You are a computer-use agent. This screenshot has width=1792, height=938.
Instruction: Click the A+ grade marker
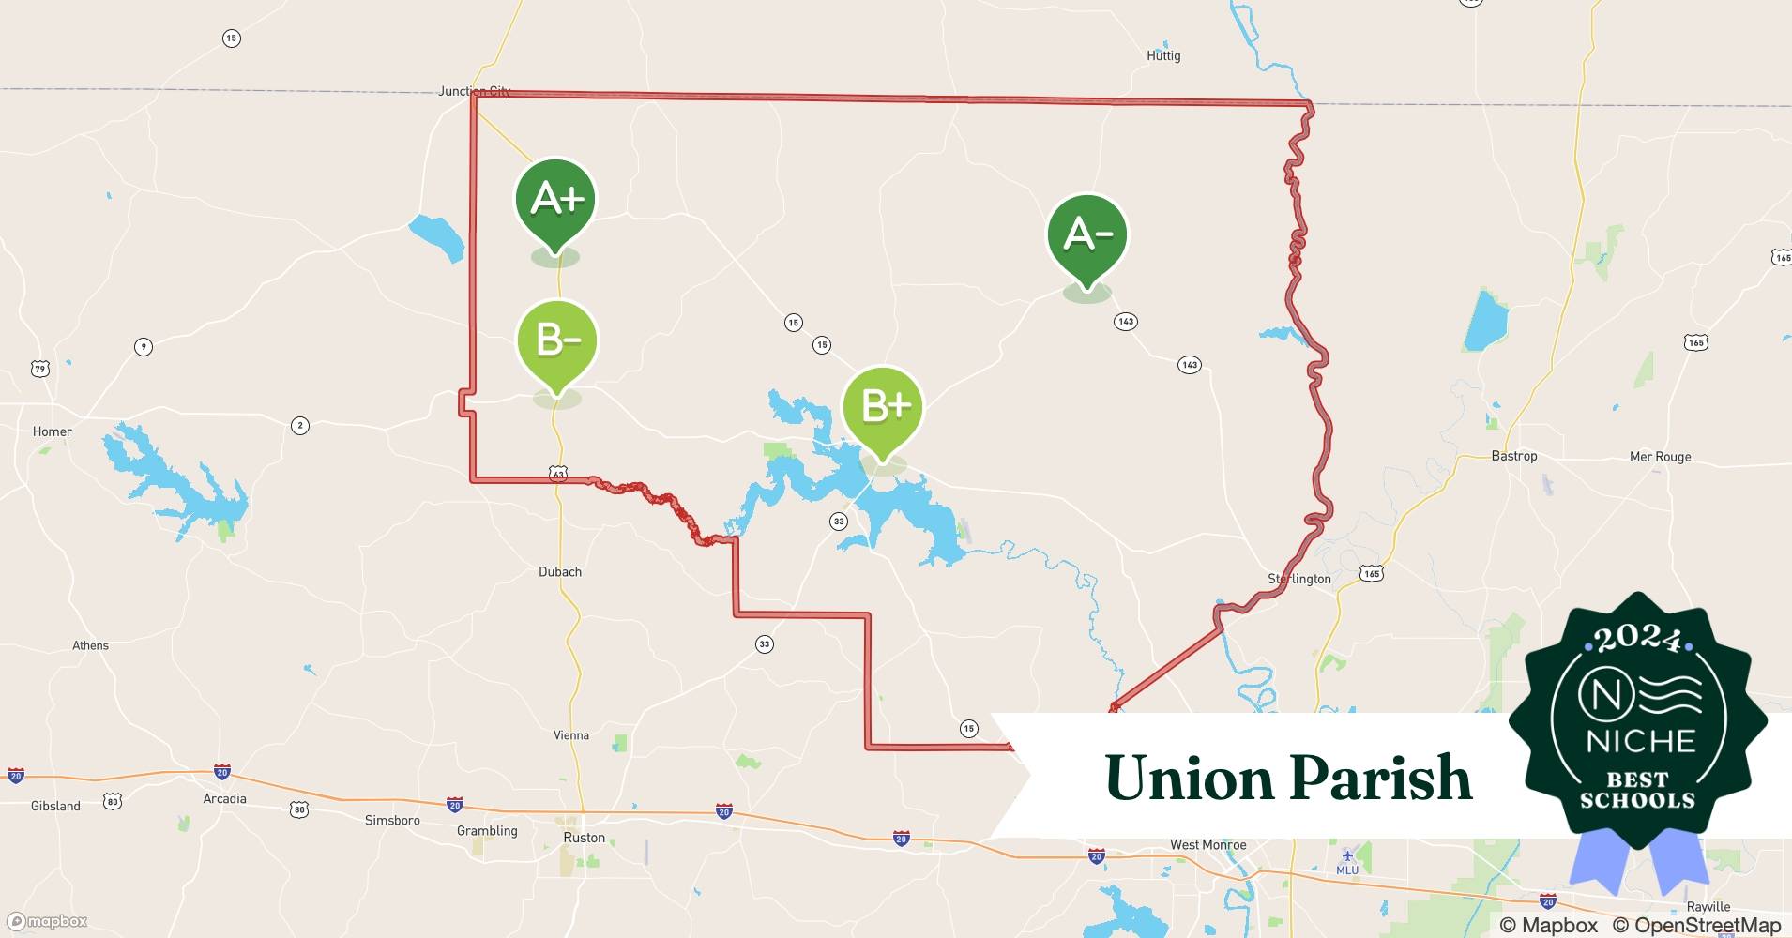click(x=555, y=200)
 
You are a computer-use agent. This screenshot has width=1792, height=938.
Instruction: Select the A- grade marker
click(x=1087, y=234)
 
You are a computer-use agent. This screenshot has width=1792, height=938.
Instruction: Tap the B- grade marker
click(x=557, y=340)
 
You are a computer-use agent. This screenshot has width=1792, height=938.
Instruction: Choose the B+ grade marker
click(x=883, y=406)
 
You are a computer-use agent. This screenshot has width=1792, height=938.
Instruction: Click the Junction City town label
click(x=475, y=91)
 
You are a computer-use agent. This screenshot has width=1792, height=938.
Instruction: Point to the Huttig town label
click(x=1163, y=56)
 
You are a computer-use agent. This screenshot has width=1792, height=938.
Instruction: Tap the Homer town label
click(x=53, y=431)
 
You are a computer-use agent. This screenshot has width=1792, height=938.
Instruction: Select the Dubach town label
click(x=560, y=571)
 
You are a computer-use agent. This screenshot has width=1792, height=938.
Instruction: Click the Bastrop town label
click(x=1514, y=456)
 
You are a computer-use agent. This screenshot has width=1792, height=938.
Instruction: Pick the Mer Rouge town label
click(x=1660, y=457)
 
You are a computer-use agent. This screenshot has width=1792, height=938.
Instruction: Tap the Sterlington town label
click(x=1299, y=579)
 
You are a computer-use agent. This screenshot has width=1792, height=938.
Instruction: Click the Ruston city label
click(x=585, y=838)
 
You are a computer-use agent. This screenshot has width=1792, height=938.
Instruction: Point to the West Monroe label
click(x=1207, y=844)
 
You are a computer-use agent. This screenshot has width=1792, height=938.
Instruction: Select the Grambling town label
click(x=487, y=830)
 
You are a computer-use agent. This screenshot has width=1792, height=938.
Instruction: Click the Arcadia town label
click(x=225, y=798)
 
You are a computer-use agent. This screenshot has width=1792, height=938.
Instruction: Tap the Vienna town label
click(x=571, y=735)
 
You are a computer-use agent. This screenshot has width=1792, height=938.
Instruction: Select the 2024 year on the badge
click(x=1638, y=640)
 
